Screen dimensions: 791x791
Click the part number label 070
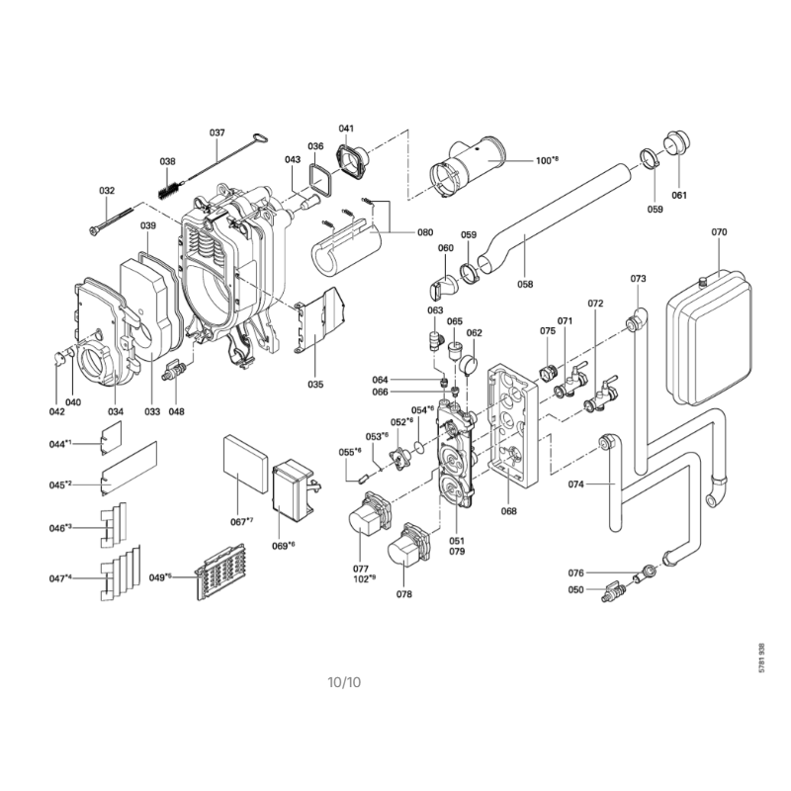tap(719, 232)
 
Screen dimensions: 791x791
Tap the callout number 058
tap(525, 284)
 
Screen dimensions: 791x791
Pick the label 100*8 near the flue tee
tap(547, 159)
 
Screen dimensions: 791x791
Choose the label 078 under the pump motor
tap(403, 593)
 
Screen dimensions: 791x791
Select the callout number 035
tap(315, 383)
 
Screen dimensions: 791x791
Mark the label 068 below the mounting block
tap(508, 511)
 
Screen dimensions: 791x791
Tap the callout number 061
tap(679, 194)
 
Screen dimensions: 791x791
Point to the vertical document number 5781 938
tap(762, 657)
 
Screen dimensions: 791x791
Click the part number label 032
tap(107, 191)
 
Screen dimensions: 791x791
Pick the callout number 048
tap(176, 411)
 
